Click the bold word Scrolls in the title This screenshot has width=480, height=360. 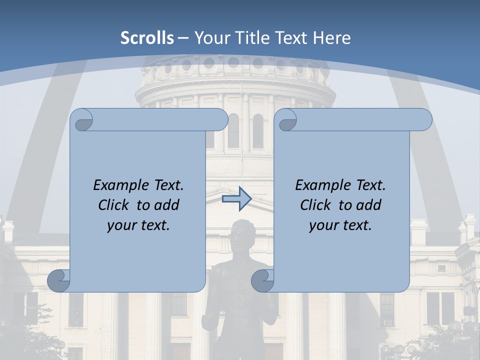(147, 38)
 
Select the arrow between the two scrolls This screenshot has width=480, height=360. (236, 199)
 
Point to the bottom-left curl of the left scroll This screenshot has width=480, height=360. (58, 280)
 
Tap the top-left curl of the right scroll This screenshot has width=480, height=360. (287, 120)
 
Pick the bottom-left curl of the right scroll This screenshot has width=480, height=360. (262, 280)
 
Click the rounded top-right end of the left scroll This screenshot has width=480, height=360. (220, 120)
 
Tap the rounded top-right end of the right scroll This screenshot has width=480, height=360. (424, 120)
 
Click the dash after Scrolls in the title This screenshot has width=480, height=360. (183, 38)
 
